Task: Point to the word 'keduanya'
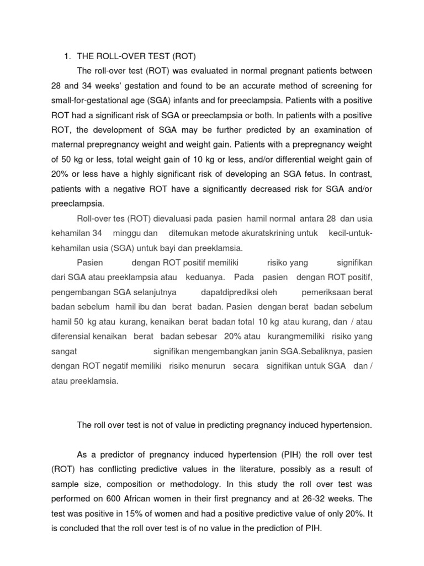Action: click(x=210, y=277)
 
